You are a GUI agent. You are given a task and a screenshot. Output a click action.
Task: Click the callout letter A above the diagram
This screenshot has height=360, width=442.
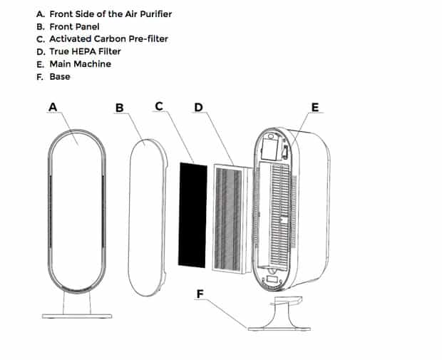[53, 107]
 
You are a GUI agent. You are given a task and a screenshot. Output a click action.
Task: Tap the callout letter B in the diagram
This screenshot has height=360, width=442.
[120, 108]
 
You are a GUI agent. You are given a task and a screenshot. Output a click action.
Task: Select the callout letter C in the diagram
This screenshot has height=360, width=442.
[159, 106]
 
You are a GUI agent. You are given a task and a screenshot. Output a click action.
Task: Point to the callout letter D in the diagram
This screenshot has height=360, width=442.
[198, 107]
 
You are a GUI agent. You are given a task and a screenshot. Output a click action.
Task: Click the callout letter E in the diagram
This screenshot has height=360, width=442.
[315, 108]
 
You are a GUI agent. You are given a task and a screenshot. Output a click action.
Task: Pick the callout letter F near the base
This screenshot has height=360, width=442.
[200, 294]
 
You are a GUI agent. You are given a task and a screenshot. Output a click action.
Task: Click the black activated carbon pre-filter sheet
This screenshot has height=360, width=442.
[192, 215]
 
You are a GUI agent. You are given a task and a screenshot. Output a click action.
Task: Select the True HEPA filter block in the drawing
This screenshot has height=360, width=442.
[233, 220]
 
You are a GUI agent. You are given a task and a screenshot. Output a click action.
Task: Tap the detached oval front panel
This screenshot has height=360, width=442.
[148, 217]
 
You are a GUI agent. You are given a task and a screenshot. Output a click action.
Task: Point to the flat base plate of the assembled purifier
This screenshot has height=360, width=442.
[77, 316]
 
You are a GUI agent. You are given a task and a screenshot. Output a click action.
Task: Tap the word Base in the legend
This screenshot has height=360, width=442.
[60, 77]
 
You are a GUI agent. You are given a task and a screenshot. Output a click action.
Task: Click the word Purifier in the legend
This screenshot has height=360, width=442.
[156, 14]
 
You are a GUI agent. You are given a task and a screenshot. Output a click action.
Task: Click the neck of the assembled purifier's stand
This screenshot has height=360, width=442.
[77, 303]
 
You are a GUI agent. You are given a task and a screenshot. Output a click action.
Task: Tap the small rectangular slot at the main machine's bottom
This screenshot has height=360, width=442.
[272, 279]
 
